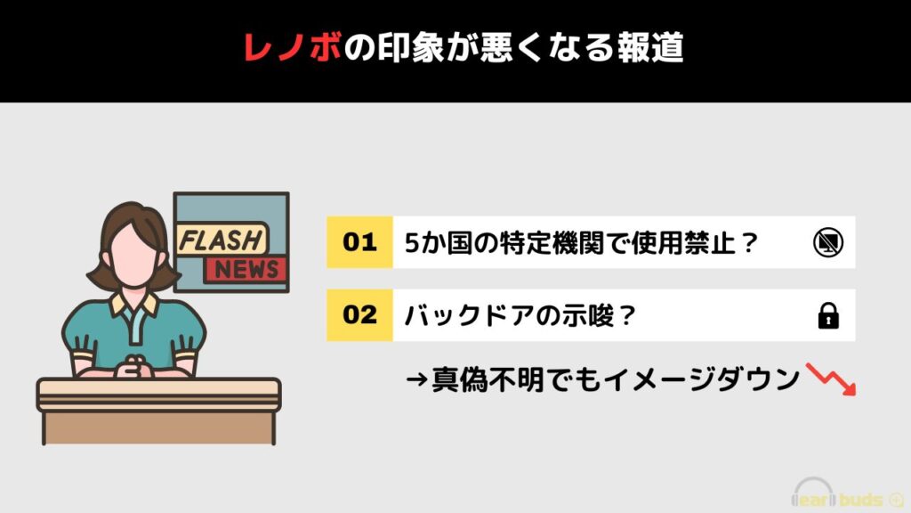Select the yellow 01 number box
point(359,242)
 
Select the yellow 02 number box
point(359,314)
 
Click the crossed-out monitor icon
point(828,242)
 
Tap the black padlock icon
point(828,316)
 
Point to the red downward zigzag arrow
point(831,379)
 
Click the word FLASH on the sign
point(221,240)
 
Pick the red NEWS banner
point(246,269)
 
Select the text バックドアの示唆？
point(519,316)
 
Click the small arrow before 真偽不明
point(417,381)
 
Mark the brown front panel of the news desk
point(158,428)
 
